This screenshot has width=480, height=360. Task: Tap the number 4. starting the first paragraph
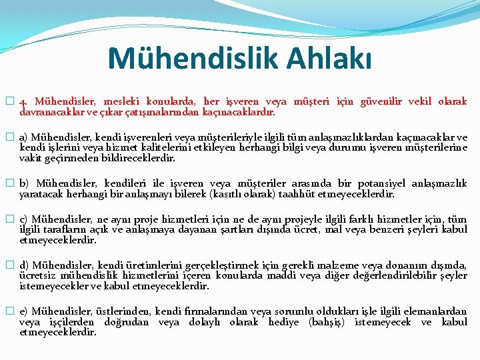(24, 102)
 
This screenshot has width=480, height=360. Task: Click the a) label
(23, 137)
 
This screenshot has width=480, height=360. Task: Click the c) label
(23, 219)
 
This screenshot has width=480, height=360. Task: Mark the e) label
(23, 311)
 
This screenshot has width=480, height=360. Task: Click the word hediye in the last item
(284, 322)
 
